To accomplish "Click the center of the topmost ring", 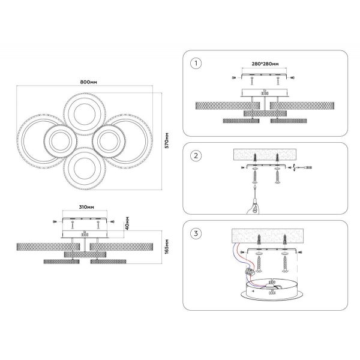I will [83, 114].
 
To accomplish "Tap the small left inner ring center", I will [59, 142].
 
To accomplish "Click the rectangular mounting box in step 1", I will [265, 93].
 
